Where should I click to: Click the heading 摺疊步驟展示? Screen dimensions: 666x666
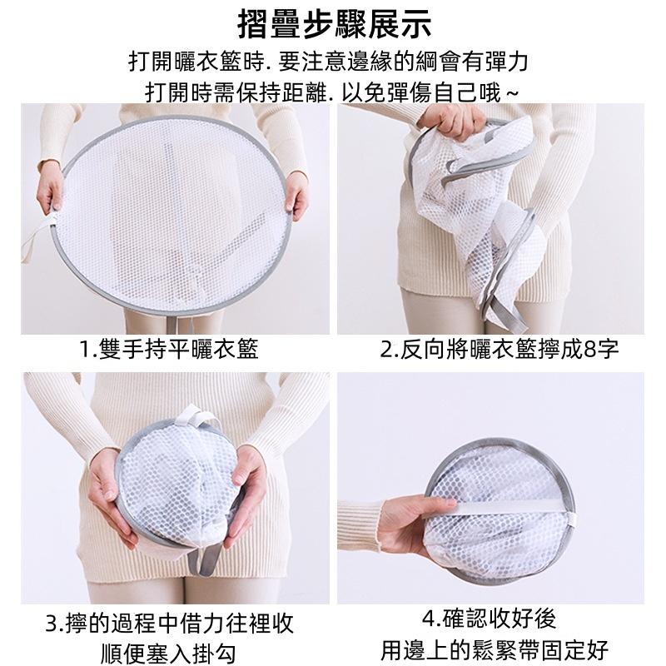335,24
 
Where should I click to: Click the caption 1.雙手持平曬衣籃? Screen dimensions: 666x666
169,349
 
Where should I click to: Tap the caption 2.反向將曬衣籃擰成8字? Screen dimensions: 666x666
499,349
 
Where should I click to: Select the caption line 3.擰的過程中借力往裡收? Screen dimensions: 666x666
169,623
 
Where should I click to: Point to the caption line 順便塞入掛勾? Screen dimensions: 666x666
169,653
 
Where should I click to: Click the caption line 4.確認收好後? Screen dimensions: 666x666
489,618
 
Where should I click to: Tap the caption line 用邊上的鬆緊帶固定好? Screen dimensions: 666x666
495,650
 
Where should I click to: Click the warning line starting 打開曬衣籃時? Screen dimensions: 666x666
328,62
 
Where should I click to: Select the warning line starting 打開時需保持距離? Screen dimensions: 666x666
331,92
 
